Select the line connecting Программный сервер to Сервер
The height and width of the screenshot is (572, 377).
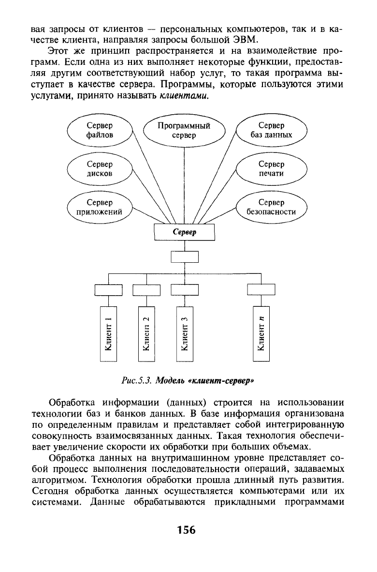pos(184,185)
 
